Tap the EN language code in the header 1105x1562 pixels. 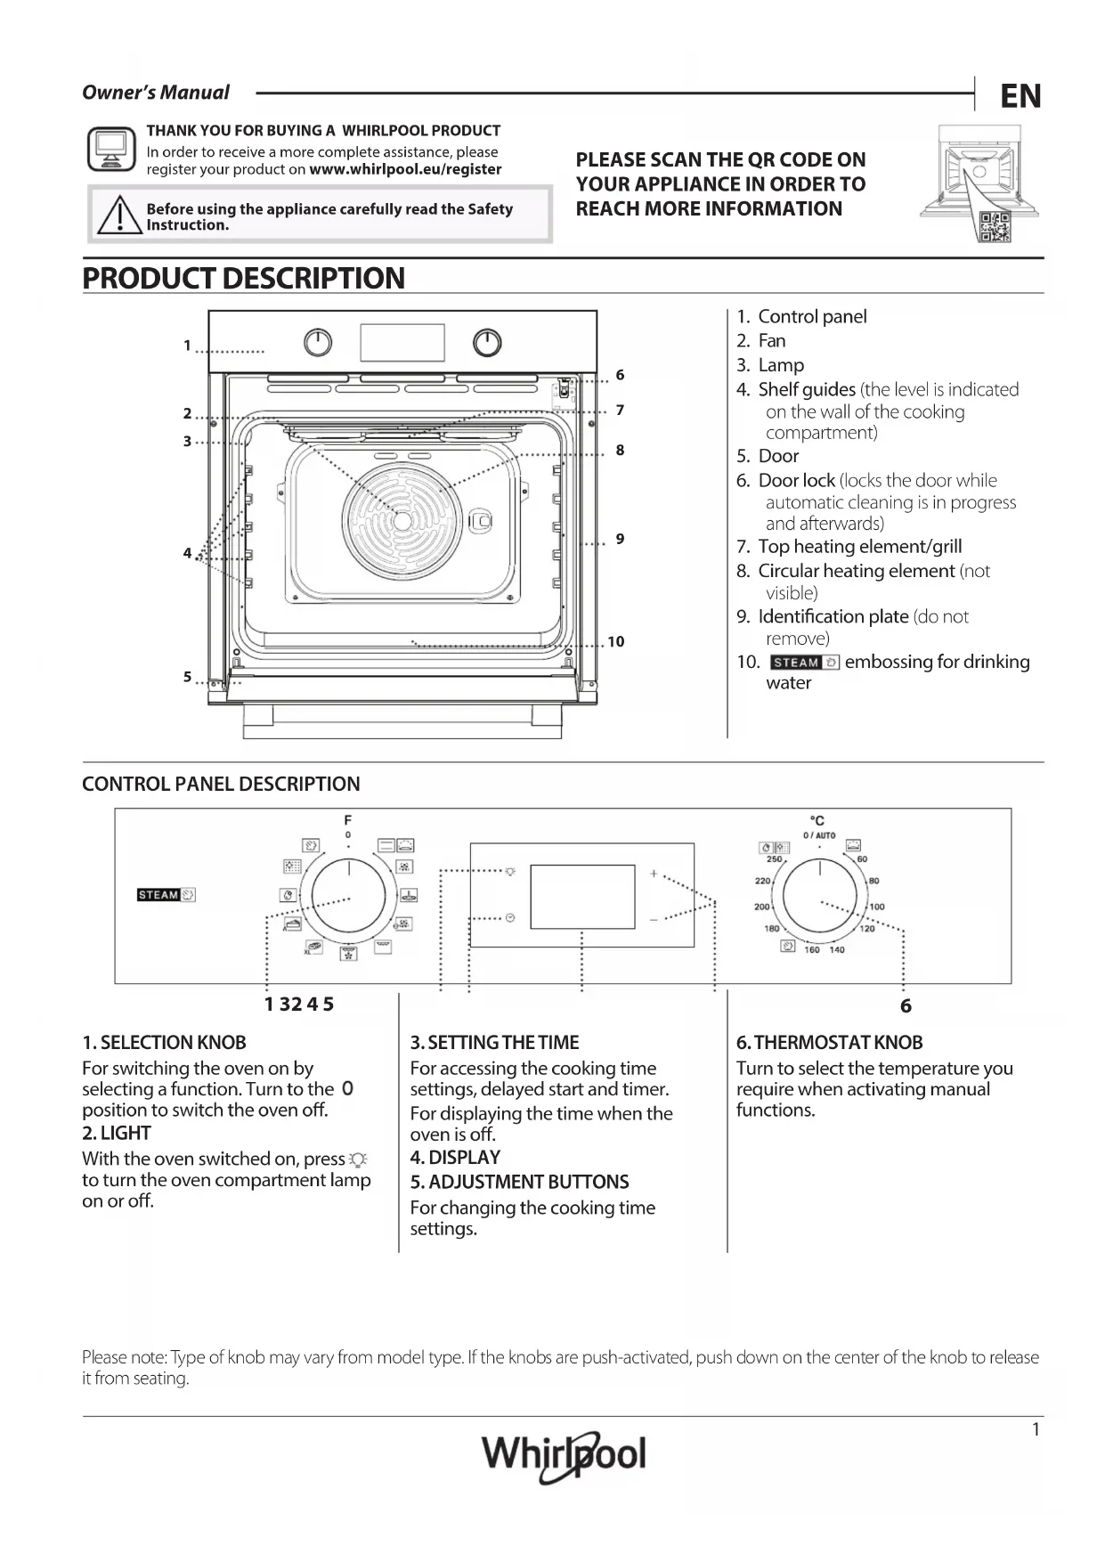click(x=1020, y=96)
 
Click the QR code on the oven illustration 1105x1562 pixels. click(x=994, y=226)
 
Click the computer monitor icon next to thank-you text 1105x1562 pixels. click(x=111, y=149)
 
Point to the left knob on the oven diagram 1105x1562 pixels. click(x=318, y=343)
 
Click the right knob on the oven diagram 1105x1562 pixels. click(x=487, y=343)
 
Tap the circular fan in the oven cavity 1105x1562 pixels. click(x=402, y=519)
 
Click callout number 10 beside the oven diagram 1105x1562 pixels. click(x=616, y=641)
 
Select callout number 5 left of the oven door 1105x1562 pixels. click(x=188, y=677)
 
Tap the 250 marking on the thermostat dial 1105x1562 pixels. click(x=775, y=859)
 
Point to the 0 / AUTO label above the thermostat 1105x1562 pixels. click(x=819, y=835)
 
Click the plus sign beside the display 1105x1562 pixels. click(x=654, y=874)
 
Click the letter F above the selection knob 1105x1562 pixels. click(x=348, y=819)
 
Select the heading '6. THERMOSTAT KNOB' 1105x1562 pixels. click(x=829, y=1042)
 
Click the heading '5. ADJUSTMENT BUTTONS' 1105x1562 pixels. click(x=519, y=1182)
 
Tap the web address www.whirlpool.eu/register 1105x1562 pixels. click(x=405, y=169)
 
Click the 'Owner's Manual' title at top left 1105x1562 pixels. click(x=156, y=93)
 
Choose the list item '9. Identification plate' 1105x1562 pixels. click(x=833, y=616)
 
